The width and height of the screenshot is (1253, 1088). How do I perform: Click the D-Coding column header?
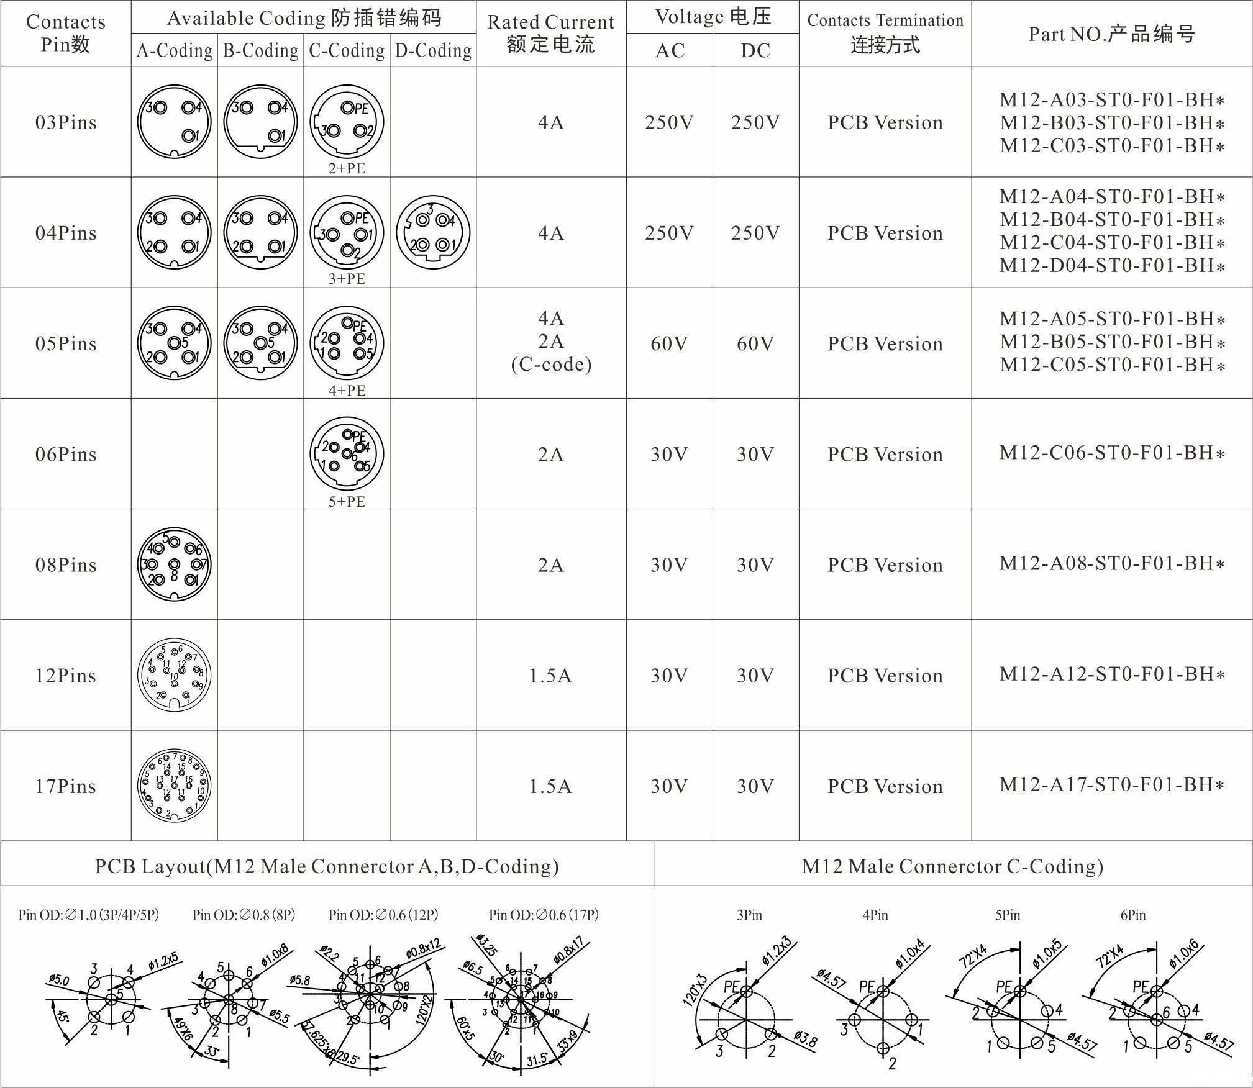[433, 50]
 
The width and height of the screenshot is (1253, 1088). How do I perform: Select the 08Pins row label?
[66, 564]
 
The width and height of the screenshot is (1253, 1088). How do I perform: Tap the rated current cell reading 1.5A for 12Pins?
[550, 675]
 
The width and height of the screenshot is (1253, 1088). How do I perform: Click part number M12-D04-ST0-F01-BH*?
[1111, 265]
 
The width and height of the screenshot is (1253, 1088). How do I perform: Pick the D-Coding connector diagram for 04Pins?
[433, 232]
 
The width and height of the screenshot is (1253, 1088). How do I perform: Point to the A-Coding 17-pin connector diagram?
[174, 786]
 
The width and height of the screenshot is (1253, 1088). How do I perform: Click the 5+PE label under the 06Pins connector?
[347, 501]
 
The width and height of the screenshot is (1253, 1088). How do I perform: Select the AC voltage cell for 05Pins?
[669, 343]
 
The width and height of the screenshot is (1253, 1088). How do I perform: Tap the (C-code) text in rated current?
[551, 365]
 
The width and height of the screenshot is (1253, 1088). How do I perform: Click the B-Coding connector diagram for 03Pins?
[260, 122]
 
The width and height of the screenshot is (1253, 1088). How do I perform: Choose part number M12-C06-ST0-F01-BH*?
[1111, 453]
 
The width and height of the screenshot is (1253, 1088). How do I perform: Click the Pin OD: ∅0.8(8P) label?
[244, 915]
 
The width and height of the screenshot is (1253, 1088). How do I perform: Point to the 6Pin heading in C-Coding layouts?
[1133, 915]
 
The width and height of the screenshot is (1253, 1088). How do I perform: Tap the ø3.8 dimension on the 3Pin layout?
[805, 1038]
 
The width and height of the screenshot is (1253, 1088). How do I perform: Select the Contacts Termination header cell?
[885, 33]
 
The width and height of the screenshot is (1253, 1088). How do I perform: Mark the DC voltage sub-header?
[755, 50]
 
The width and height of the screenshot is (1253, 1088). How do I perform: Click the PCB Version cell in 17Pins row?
[885, 786]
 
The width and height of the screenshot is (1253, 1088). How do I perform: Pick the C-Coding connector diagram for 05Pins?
[347, 343]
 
